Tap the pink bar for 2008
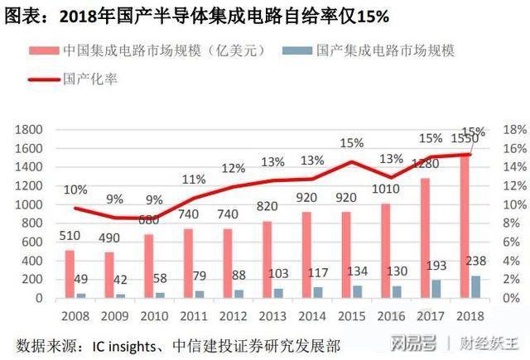(x=70, y=273)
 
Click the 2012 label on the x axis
(x=232, y=315)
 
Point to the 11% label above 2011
(x=194, y=180)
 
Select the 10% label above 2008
(x=75, y=189)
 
